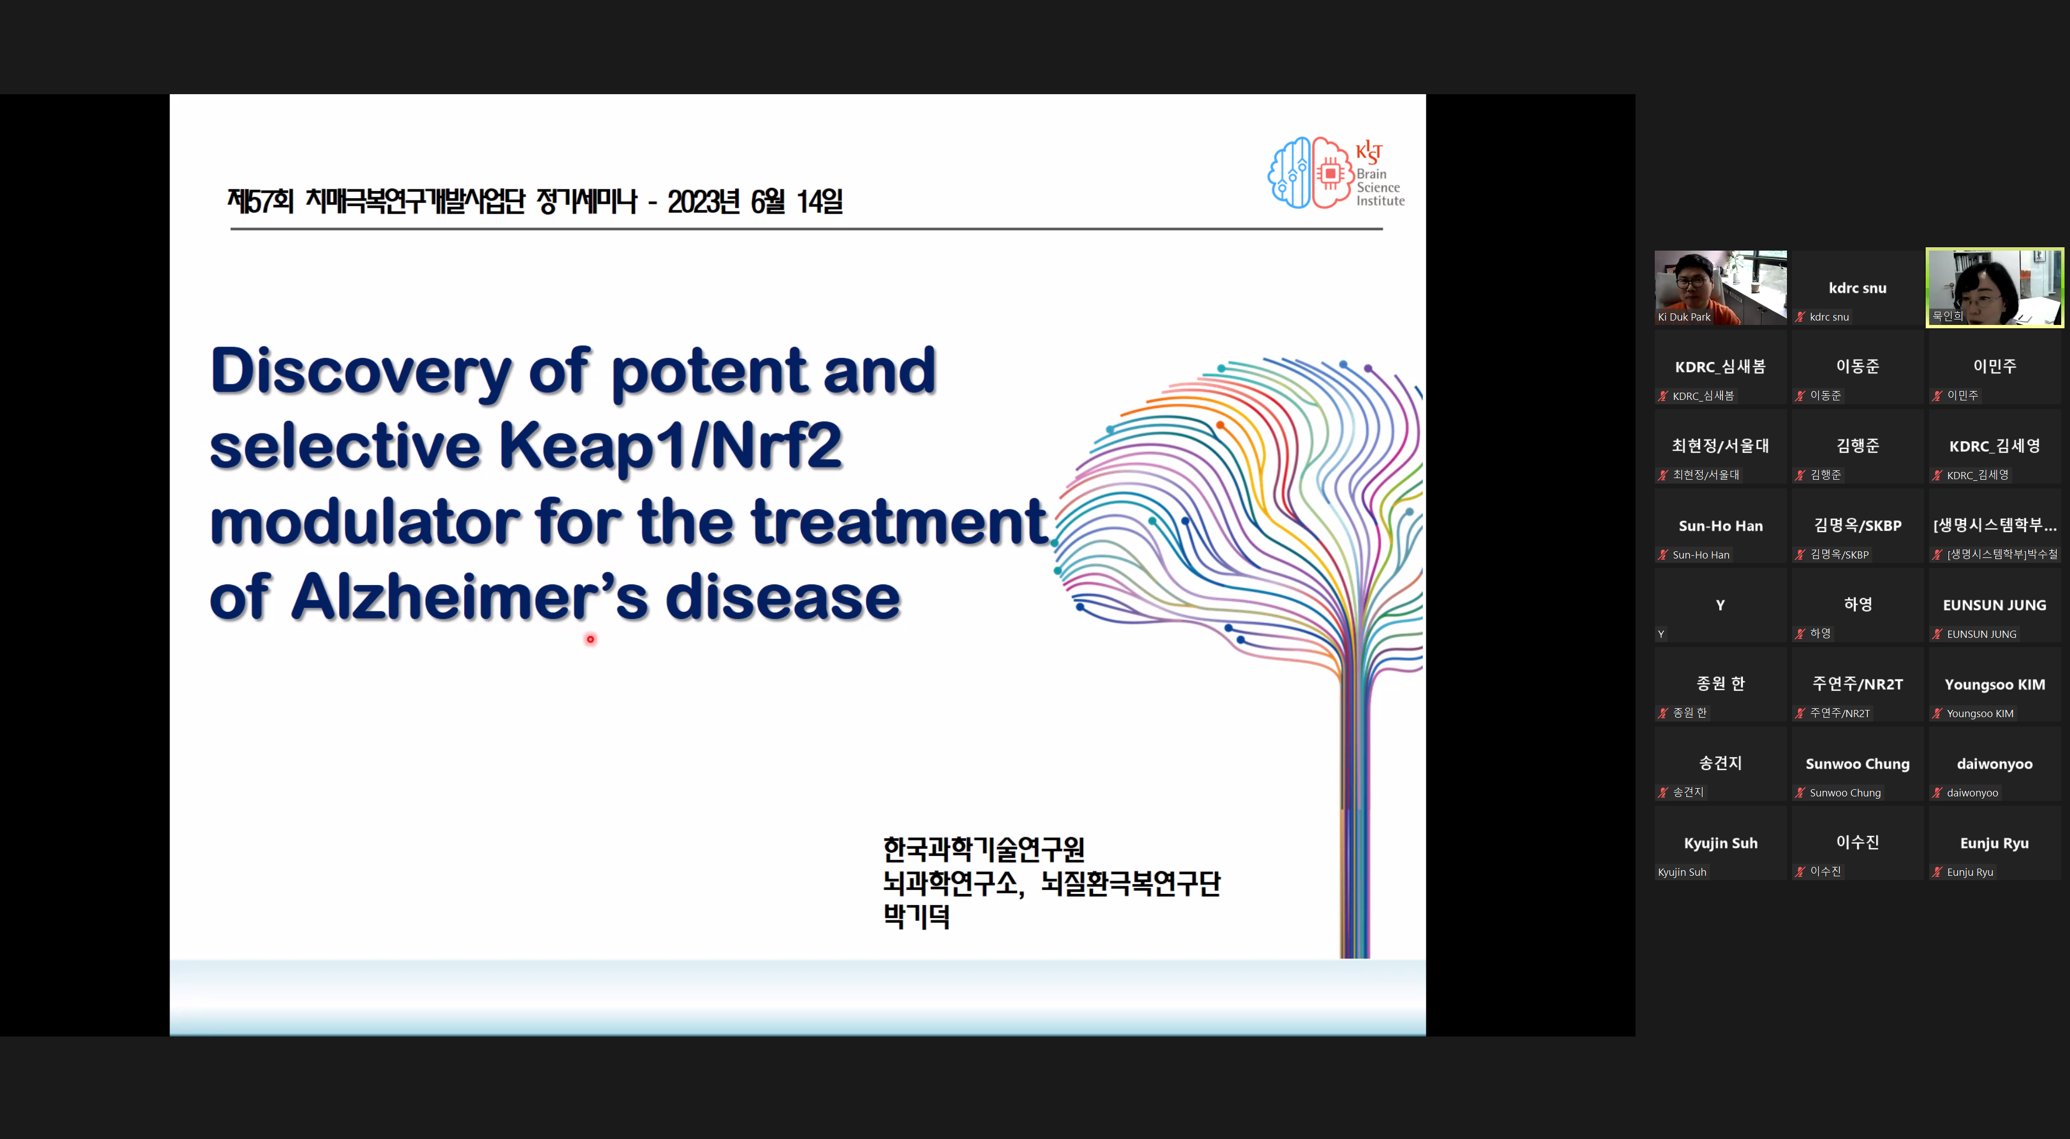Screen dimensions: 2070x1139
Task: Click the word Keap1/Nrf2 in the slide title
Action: [x=671, y=446]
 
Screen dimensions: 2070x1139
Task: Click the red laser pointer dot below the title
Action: [x=591, y=640]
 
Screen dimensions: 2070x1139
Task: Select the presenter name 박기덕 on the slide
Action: [x=917, y=916]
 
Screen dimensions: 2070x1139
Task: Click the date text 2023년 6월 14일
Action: [x=756, y=202]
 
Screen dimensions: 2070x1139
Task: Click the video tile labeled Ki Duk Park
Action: [x=1720, y=288]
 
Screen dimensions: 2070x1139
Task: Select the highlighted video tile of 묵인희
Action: [x=1995, y=288]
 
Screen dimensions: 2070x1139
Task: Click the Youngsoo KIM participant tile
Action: [x=1995, y=685]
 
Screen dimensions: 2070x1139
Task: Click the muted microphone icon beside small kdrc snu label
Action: [x=1801, y=317]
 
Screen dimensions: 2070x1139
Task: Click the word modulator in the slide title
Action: [x=366, y=523]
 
